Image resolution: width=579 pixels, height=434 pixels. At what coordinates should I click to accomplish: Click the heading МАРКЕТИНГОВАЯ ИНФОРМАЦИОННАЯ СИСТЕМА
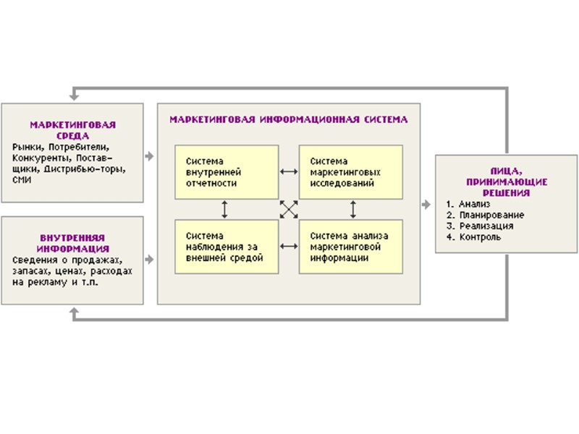pos(289,119)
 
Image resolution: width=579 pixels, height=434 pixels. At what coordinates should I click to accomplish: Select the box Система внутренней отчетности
pos(227,172)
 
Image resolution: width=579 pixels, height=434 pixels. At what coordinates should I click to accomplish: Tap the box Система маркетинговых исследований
pos(351,172)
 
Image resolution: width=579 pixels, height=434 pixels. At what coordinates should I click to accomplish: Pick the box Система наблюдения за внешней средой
pos(227,247)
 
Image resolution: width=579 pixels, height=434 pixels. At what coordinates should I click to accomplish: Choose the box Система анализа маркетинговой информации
pos(351,247)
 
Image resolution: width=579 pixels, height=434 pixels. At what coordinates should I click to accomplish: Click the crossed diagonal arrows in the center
pos(289,210)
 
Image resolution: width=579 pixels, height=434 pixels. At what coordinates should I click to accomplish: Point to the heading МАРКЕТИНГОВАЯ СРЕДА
pos(72,129)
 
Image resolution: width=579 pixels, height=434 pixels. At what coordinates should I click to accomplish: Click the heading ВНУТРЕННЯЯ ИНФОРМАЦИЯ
pos(72,242)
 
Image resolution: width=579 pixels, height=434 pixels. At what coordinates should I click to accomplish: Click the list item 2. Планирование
pos(485,215)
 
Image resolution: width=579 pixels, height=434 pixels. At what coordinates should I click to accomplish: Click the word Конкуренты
pos(36,158)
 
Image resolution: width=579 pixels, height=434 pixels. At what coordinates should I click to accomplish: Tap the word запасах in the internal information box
pos(30,271)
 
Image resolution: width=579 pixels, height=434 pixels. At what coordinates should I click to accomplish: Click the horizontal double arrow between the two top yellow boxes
pos(289,171)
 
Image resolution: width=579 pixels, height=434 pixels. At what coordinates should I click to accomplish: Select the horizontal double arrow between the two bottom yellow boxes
pos(289,247)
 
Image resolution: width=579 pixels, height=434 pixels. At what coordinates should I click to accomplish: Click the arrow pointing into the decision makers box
pos(426,205)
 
